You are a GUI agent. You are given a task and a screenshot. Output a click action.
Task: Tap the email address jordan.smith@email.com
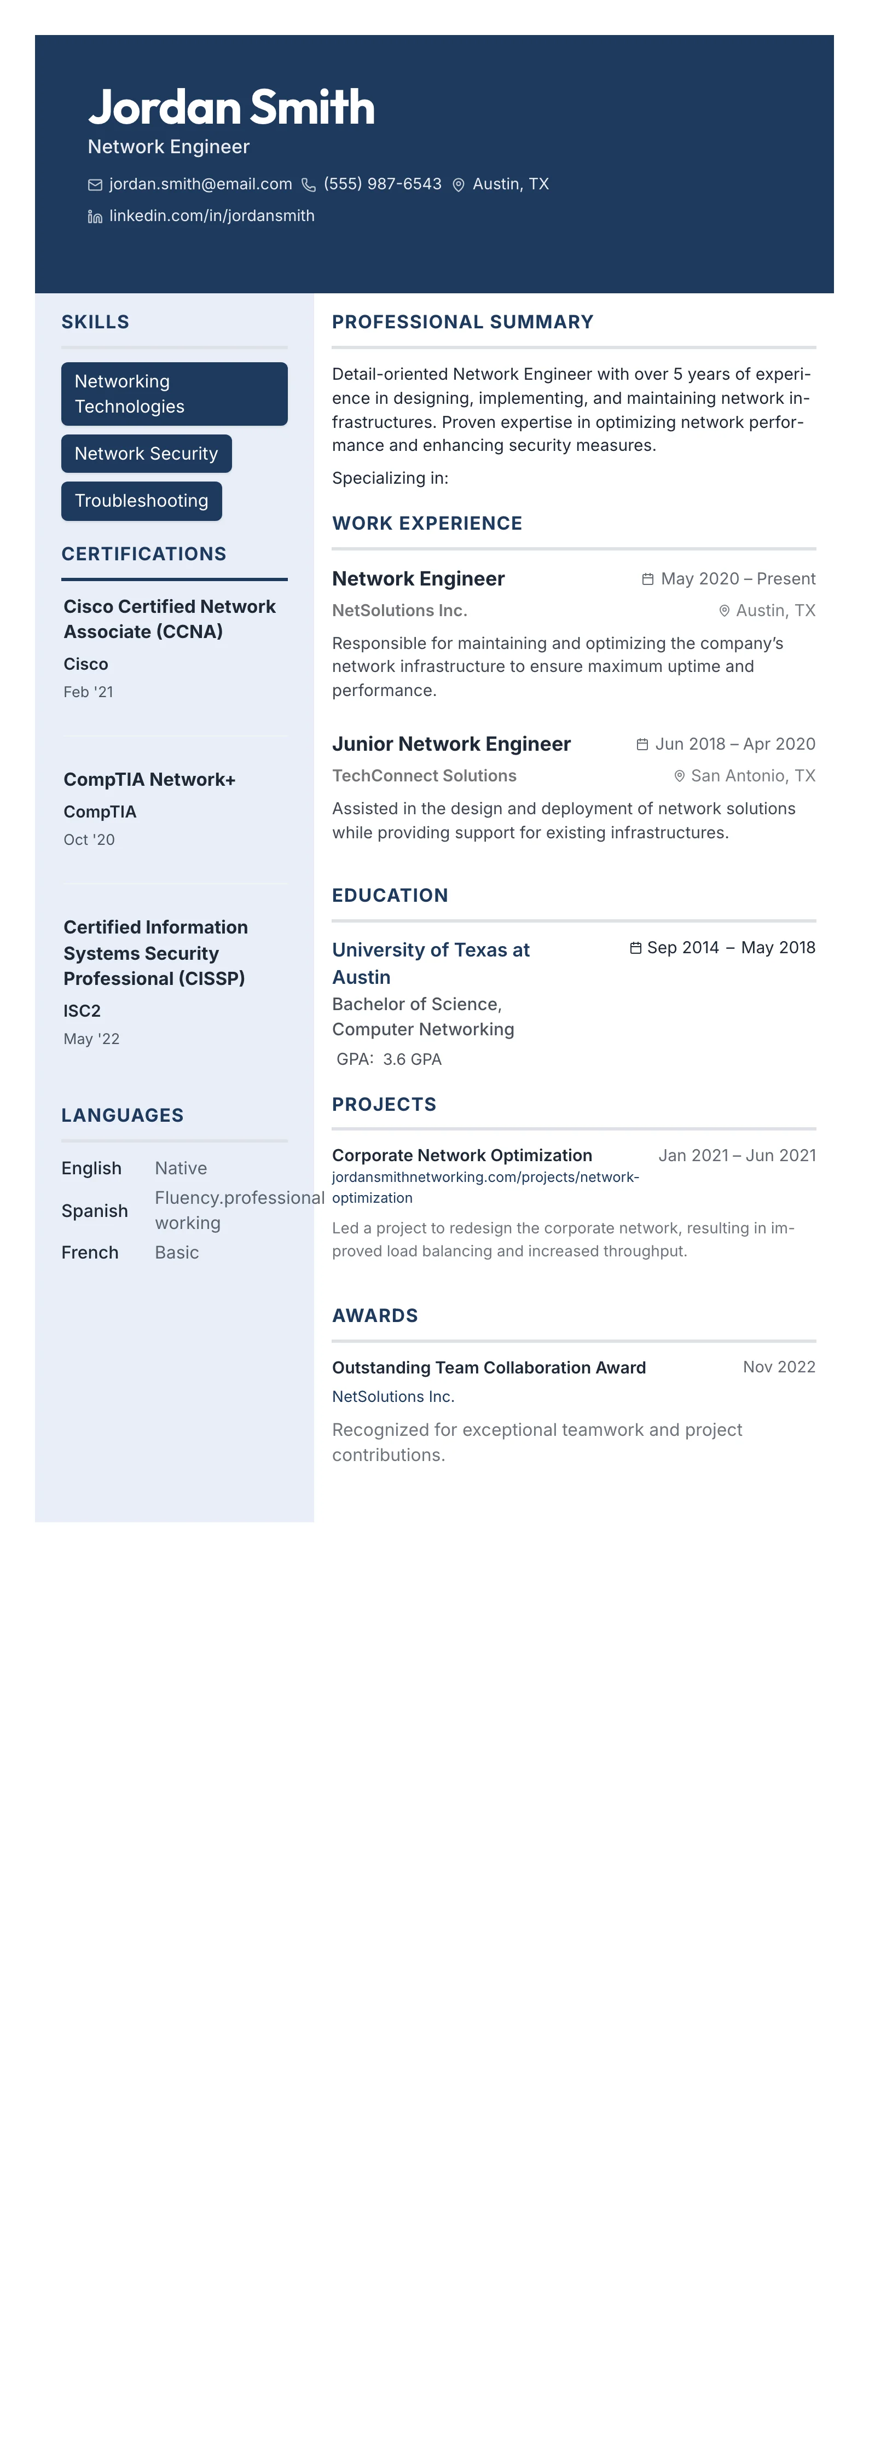(x=200, y=184)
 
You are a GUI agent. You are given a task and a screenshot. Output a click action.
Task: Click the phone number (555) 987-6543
(x=381, y=184)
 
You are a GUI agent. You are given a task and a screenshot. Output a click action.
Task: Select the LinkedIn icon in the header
(x=95, y=217)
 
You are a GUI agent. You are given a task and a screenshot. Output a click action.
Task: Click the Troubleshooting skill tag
(x=141, y=501)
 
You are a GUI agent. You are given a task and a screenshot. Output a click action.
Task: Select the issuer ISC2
(x=82, y=1011)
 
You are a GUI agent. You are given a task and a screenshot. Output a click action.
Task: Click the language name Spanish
(x=95, y=1211)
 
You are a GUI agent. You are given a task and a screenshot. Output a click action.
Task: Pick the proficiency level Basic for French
(x=176, y=1253)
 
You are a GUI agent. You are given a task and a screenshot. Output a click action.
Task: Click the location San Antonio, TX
(x=752, y=776)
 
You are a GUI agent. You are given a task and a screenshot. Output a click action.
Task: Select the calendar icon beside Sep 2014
(x=635, y=948)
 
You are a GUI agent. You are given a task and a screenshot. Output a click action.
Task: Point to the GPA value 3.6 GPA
(x=412, y=1059)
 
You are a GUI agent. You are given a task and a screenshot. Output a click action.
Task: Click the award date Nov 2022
(x=778, y=1367)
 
